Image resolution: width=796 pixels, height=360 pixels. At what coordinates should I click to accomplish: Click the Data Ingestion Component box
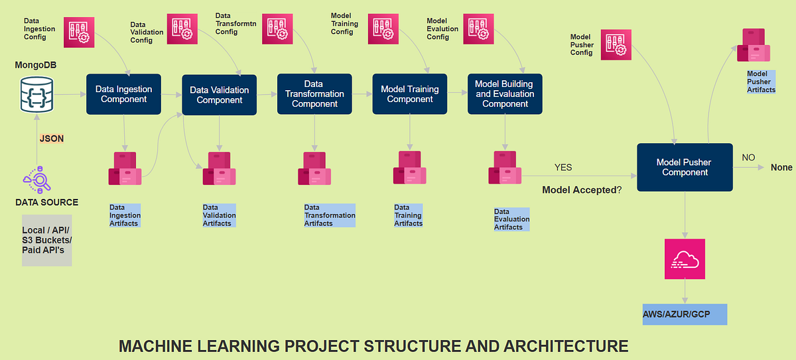124,95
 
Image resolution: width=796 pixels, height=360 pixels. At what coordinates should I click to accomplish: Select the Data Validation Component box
219,95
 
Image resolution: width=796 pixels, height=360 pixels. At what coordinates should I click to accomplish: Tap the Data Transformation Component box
314,94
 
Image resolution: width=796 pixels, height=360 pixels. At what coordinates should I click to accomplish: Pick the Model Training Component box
409,94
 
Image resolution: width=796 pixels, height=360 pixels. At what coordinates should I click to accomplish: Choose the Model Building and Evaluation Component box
505,93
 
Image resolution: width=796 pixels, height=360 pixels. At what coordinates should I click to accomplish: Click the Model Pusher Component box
685,167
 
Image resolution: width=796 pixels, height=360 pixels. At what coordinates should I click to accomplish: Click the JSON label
52,139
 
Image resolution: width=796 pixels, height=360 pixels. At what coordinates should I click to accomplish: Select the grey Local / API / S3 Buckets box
46,240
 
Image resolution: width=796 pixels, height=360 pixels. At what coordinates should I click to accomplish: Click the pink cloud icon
685,259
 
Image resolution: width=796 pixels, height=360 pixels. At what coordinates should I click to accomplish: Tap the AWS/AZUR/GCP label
685,314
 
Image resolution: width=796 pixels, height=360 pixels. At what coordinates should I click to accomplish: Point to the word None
781,168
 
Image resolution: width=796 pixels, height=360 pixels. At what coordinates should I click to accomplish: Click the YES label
563,168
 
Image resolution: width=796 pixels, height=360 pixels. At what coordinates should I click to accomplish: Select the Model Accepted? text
582,190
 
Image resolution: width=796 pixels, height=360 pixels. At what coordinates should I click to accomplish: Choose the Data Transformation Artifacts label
330,215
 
